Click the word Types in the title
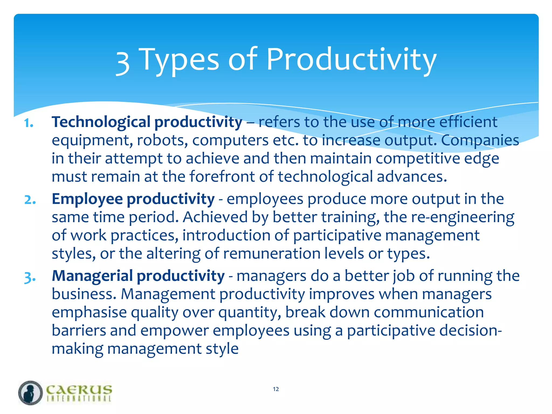pyautogui.click(x=180, y=60)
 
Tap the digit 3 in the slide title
pyautogui.click(x=123, y=62)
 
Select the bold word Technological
pyautogui.click(x=101, y=122)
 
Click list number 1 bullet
pyautogui.click(x=29, y=123)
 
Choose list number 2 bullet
pyautogui.click(x=30, y=200)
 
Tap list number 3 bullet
pyautogui.click(x=30, y=277)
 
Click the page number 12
pyautogui.click(x=276, y=389)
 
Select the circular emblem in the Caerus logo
pyautogui.click(x=30, y=393)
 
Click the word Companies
pyautogui.click(x=480, y=140)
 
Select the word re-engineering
pyautogui.click(x=463, y=217)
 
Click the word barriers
pyautogui.click(x=79, y=331)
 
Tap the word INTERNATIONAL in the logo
pyautogui.click(x=79, y=399)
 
